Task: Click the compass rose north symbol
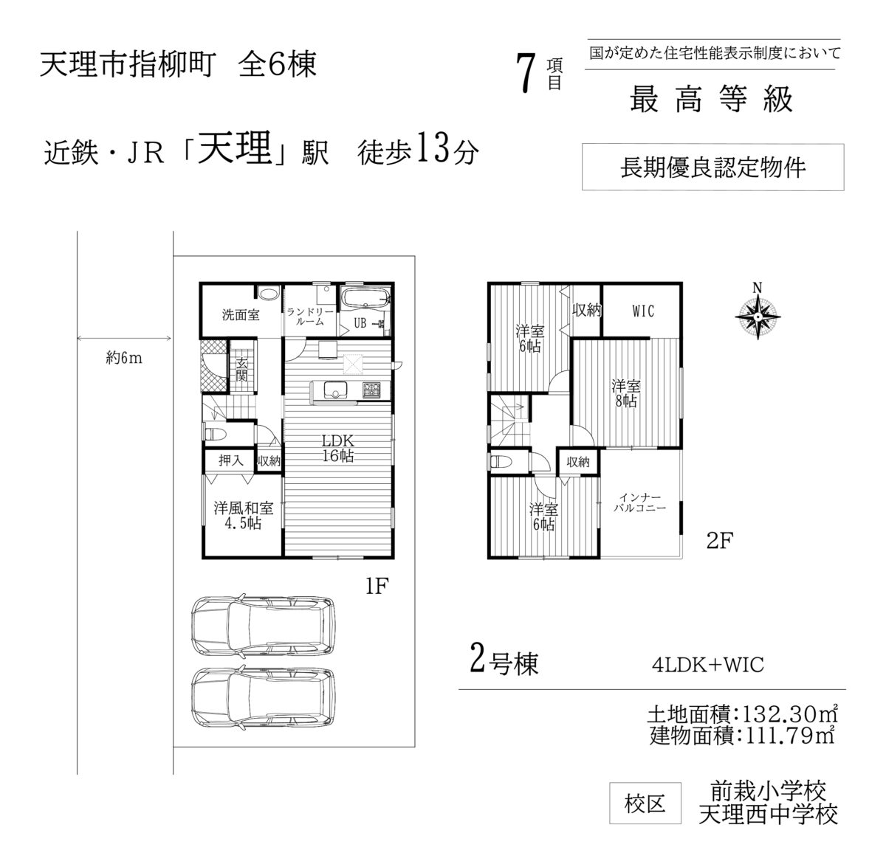click(758, 316)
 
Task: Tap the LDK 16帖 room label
click(338, 448)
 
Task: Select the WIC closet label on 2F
click(643, 311)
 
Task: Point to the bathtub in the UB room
click(366, 300)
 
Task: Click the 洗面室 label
click(241, 314)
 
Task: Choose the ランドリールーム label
click(309, 317)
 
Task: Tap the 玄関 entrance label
click(241, 370)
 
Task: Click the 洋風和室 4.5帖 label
click(243, 516)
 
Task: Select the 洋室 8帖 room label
click(626, 393)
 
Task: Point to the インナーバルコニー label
click(639, 502)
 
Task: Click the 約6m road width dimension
click(124, 359)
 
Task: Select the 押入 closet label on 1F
click(230, 460)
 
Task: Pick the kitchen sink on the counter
click(335, 390)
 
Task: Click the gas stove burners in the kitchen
click(371, 390)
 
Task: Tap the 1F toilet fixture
click(215, 434)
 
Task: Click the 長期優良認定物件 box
click(713, 167)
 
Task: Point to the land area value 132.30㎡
click(791, 715)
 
